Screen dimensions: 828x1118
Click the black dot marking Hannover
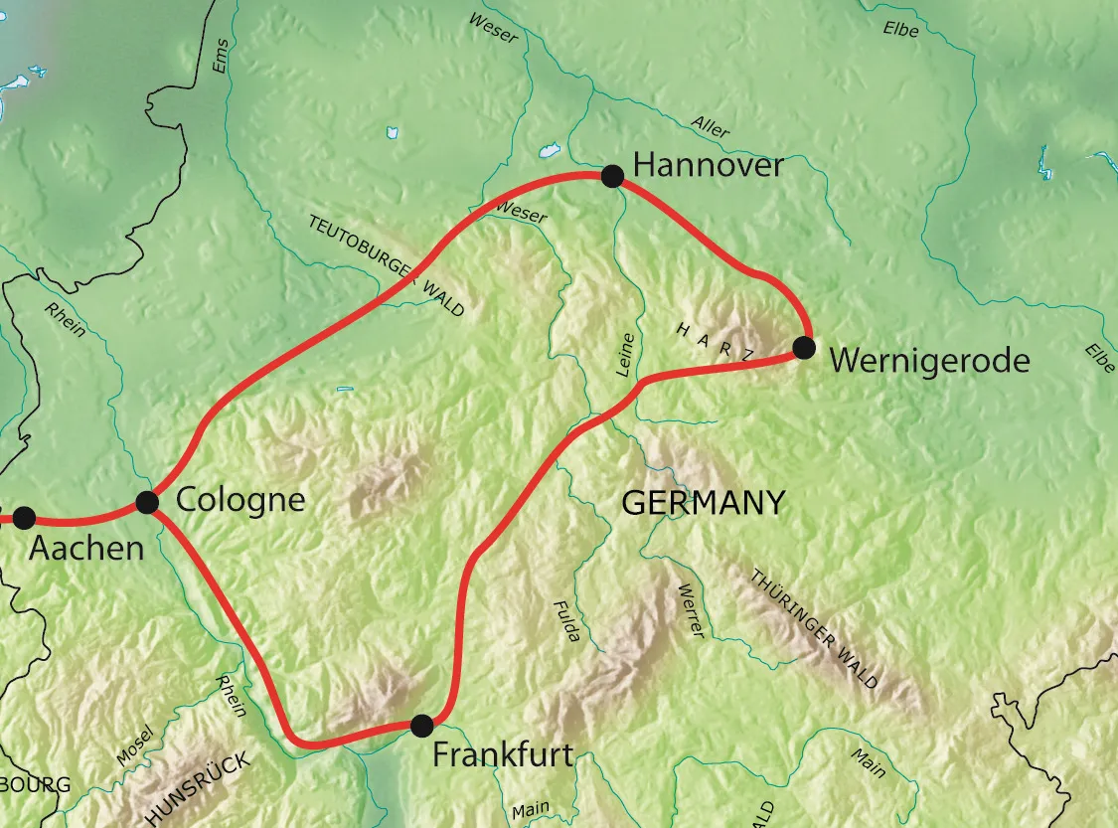click(x=612, y=177)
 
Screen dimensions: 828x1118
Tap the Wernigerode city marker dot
click(x=804, y=348)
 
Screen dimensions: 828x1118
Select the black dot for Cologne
click(x=147, y=502)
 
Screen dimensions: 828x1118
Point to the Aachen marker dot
click(x=24, y=518)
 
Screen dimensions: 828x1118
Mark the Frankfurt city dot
click(x=422, y=725)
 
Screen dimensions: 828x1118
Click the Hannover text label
click(x=708, y=165)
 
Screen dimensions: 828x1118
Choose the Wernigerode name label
click(x=928, y=360)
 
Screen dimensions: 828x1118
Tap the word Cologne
click(x=240, y=499)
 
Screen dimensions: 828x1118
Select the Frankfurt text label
click(x=503, y=755)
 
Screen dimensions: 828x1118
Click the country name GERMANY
click(x=703, y=503)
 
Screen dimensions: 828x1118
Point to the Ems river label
click(x=221, y=57)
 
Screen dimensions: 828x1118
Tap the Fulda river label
click(x=565, y=621)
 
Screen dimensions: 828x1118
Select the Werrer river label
click(x=690, y=611)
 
